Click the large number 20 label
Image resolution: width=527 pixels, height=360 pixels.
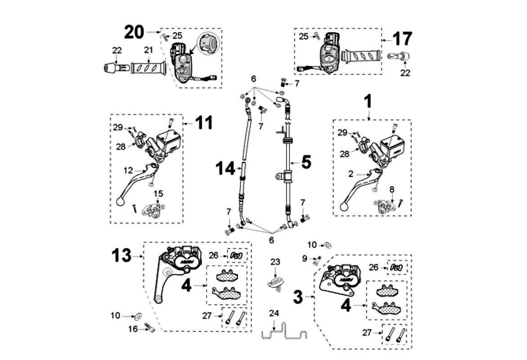134,32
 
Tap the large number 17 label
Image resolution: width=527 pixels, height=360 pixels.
402,39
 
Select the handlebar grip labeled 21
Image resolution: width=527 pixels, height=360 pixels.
148,68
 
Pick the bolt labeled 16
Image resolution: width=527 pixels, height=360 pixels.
150,329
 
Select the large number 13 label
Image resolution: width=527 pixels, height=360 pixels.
122,256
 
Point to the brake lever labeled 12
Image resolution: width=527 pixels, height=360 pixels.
137,184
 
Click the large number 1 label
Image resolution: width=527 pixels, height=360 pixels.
368,102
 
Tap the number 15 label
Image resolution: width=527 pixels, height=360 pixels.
158,193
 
